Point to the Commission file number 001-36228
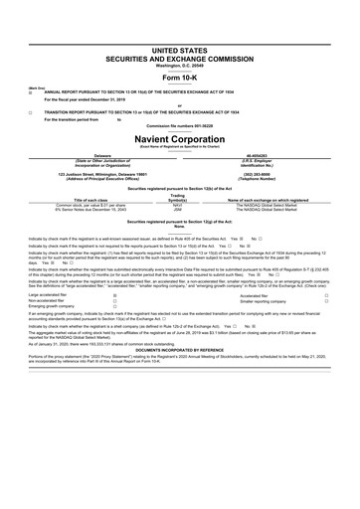coord(180,126)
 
